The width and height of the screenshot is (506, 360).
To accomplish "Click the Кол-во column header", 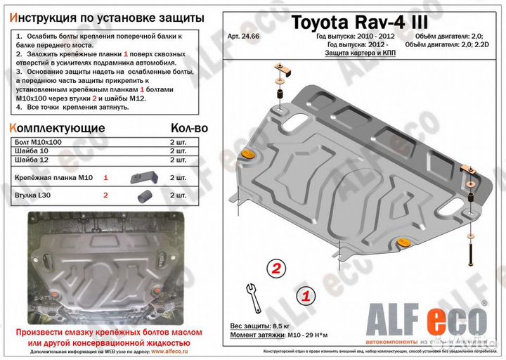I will click(189, 129).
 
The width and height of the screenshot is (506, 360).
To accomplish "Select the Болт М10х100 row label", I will click(38, 141).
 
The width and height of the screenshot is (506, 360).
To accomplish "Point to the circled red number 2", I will click(277, 268).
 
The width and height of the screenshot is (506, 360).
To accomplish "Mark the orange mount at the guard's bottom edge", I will click(403, 243).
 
